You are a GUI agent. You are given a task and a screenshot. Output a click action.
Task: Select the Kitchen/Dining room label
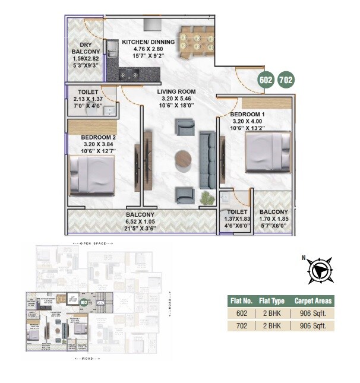[x=148, y=42]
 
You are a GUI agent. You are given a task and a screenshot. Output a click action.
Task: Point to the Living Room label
[x=176, y=92]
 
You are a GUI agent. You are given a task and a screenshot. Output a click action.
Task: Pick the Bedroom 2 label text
[x=98, y=137]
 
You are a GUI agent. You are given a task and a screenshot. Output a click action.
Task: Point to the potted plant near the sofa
[x=206, y=197]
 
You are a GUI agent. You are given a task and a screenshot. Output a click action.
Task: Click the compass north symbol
[x=320, y=270]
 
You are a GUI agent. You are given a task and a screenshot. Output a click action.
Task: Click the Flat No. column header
[x=242, y=301]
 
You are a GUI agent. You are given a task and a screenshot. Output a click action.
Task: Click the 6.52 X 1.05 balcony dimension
[x=140, y=221]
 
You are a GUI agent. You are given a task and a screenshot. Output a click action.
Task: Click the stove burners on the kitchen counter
[x=131, y=74]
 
